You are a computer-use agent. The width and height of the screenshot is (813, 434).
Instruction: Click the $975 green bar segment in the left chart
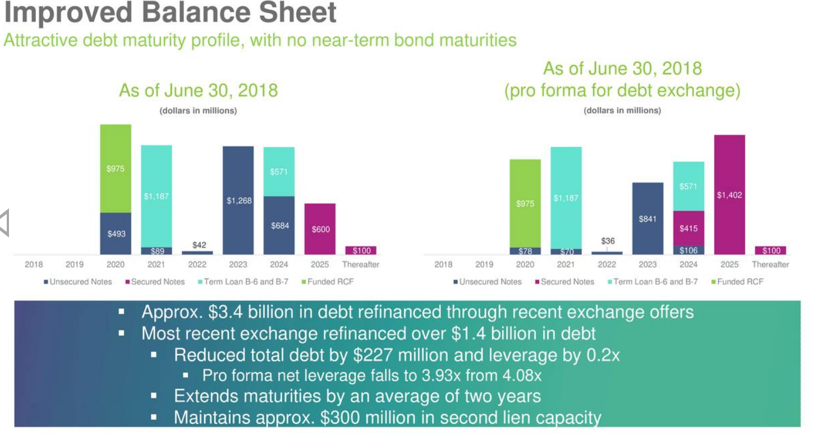(x=116, y=168)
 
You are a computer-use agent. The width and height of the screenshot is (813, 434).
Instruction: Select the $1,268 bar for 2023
(x=238, y=200)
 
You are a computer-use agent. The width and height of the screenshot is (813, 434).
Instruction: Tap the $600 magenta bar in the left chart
(x=320, y=229)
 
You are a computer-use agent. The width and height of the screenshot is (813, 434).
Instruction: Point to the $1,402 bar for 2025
(x=729, y=195)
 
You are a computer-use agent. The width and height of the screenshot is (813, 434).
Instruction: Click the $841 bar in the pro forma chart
(x=648, y=218)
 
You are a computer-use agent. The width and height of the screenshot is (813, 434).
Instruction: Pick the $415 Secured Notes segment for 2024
(x=688, y=229)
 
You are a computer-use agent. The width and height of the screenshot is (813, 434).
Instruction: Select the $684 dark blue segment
(x=279, y=225)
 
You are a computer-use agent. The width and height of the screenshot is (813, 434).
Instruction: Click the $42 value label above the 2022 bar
(x=199, y=245)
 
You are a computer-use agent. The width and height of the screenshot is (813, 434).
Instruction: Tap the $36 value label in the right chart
(x=608, y=241)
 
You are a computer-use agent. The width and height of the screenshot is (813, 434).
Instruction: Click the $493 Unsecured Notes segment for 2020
(x=116, y=234)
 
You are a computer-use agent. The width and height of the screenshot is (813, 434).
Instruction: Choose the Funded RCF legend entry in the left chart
(x=328, y=282)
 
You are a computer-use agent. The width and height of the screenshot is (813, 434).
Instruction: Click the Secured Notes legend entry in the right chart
(x=565, y=282)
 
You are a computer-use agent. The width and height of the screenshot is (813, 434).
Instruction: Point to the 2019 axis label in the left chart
(x=75, y=264)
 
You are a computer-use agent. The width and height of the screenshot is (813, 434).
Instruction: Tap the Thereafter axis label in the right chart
(x=770, y=264)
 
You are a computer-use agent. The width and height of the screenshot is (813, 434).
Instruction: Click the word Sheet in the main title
(x=297, y=12)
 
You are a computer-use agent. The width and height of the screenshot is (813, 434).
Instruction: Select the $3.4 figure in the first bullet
(x=225, y=312)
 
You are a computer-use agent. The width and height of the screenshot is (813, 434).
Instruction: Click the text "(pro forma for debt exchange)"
(x=622, y=90)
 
